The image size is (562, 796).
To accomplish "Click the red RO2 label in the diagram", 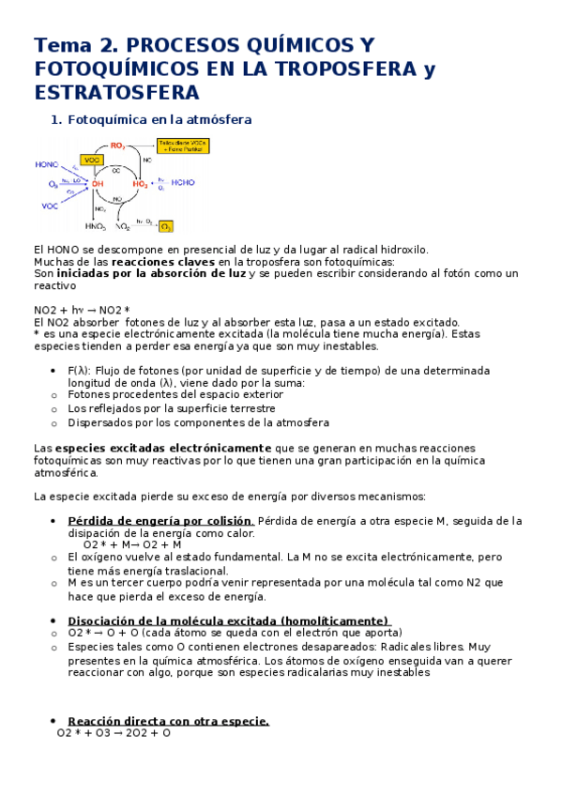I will pos(117,145).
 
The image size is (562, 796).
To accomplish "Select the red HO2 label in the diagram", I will pos(140,185).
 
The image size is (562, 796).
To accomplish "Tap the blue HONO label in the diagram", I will pos(47,164).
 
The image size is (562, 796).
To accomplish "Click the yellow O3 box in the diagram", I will pos(166,226).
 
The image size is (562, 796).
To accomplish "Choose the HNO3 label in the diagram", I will pos(96,226).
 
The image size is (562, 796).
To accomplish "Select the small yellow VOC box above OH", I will pos(92,161).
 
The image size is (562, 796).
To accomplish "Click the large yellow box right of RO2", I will pos(182,145).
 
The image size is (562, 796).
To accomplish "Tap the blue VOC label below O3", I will pos(51,205).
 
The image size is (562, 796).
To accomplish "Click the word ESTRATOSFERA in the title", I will pos(116,92).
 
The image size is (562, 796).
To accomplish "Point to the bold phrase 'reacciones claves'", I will pos(157,262).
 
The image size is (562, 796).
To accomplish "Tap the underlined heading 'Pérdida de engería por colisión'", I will pos(160,521).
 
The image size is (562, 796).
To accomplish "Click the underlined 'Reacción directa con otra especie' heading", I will pos(169,721).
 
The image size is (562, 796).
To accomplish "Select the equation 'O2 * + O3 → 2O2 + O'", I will pos(114,733).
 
